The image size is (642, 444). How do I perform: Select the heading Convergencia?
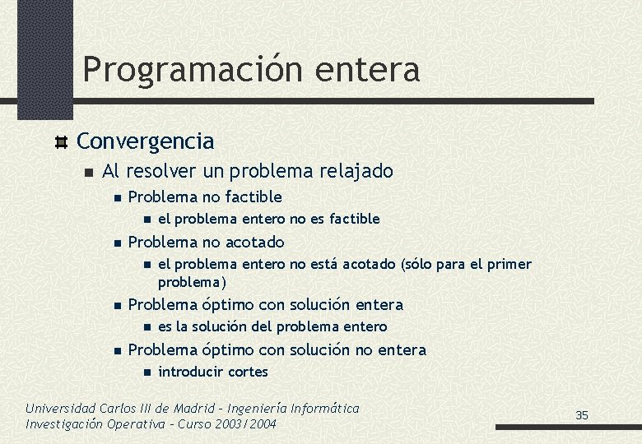click(x=145, y=141)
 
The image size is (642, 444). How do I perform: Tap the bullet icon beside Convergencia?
click(x=60, y=142)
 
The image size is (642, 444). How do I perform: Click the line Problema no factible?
click(x=205, y=197)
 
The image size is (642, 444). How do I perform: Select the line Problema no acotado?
click(x=206, y=243)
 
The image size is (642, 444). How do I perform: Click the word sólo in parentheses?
click(x=422, y=264)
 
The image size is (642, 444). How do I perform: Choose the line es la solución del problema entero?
click(x=272, y=326)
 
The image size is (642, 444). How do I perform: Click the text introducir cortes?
click(x=212, y=372)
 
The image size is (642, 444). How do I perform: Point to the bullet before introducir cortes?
click(x=144, y=372)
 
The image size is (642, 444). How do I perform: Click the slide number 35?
click(x=582, y=415)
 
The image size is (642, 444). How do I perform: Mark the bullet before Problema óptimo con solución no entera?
click(x=117, y=351)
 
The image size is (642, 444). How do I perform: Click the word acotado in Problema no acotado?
click(x=254, y=243)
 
